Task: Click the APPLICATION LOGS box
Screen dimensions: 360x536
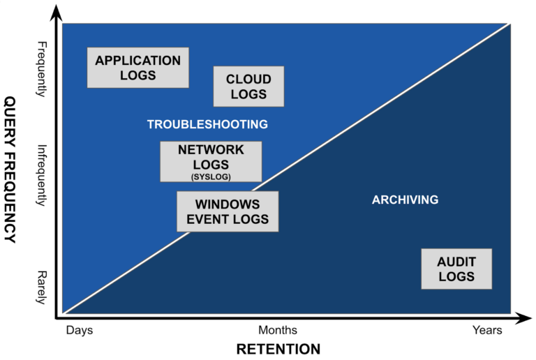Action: (x=137, y=68)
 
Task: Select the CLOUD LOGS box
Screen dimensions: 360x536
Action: (x=248, y=87)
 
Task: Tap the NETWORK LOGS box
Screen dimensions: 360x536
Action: (x=211, y=161)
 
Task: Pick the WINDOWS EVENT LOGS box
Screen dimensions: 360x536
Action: (x=228, y=212)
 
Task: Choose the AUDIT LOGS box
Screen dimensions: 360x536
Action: (x=456, y=269)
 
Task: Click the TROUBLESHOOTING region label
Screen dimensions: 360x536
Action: (x=207, y=125)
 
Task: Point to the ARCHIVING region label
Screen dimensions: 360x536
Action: (x=405, y=200)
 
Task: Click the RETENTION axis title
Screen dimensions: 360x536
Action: (x=278, y=349)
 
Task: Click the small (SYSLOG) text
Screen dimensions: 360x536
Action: (x=211, y=177)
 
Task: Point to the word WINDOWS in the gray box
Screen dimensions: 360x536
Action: (x=228, y=205)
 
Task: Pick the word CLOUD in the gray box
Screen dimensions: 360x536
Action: (x=248, y=80)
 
